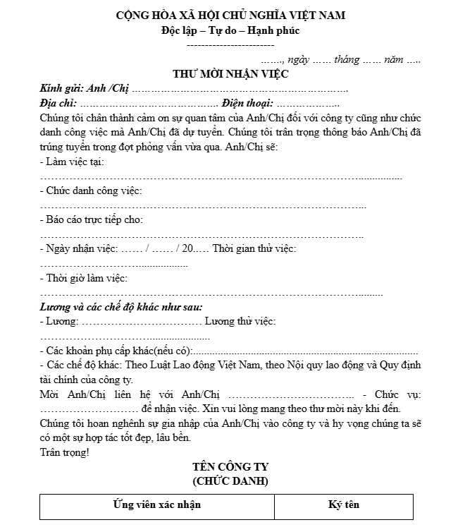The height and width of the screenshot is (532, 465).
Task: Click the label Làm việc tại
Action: click(73, 162)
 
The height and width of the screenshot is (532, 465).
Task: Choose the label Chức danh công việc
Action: click(92, 191)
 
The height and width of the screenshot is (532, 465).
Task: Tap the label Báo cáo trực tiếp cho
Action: click(92, 219)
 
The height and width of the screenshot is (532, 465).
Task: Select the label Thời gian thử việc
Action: click(254, 248)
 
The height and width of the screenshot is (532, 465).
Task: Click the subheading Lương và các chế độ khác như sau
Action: click(121, 307)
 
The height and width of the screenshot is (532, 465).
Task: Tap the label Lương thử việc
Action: click(240, 321)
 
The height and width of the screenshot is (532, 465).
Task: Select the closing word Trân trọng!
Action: click(65, 452)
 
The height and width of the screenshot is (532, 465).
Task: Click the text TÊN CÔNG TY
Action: click(230, 467)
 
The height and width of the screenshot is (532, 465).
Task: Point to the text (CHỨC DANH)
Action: click(230, 481)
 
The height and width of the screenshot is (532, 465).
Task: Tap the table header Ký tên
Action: click(343, 504)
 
